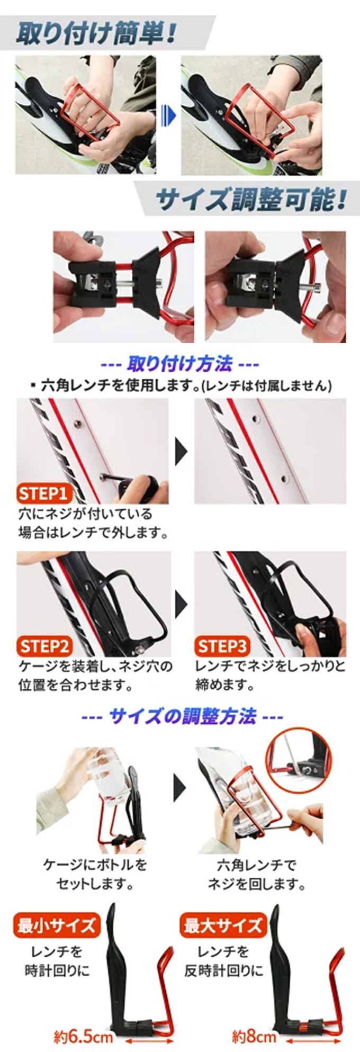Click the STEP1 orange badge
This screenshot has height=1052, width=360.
44,494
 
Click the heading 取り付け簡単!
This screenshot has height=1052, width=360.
96,33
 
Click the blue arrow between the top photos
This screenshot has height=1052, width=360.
168,115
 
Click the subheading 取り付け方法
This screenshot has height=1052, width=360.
180,364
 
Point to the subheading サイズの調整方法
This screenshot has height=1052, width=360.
183,716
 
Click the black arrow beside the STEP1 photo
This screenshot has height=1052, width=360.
182,451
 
